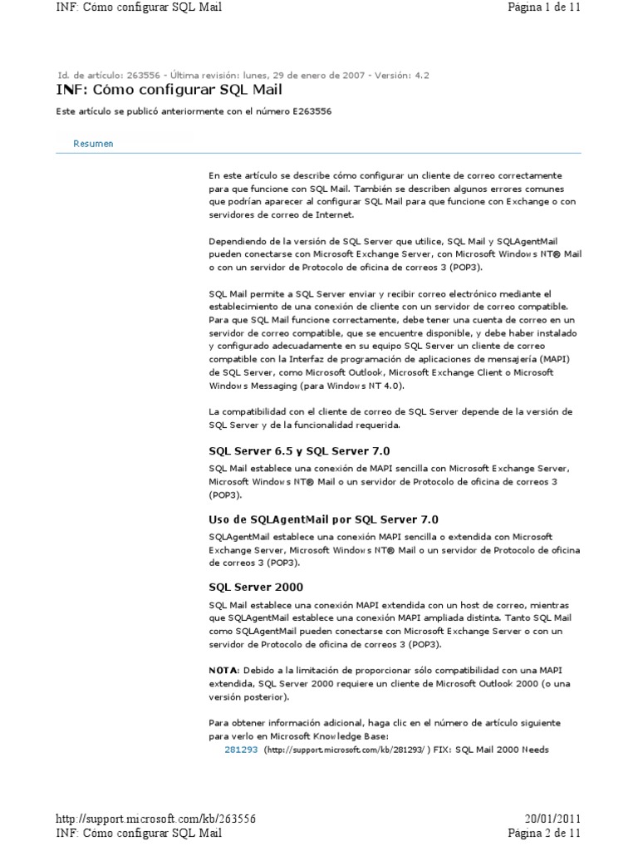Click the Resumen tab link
click(x=93, y=144)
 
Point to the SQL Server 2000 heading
click(x=255, y=588)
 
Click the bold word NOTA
click(x=223, y=670)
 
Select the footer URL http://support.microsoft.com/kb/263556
click(x=155, y=819)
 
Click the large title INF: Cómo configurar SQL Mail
click(x=169, y=90)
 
